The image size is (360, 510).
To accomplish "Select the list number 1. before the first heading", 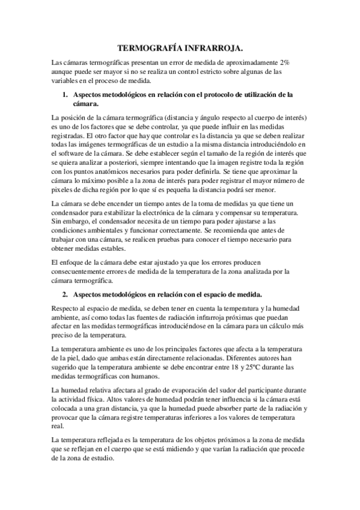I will point(66,94).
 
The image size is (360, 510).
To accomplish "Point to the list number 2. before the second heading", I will point(66,294).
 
